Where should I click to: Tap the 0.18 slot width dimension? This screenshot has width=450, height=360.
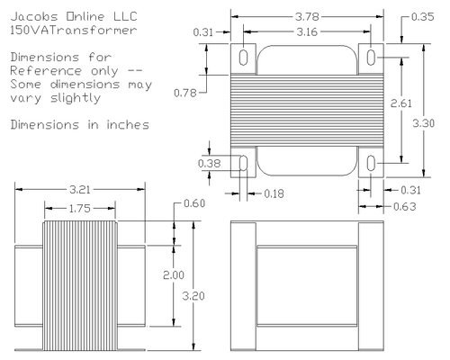click(274, 193)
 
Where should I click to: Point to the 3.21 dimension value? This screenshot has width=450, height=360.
click(79, 190)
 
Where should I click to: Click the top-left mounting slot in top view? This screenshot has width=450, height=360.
click(244, 57)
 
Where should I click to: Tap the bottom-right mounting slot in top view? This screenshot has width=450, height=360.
click(373, 163)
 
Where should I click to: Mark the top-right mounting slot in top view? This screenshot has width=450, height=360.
click(373, 57)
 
